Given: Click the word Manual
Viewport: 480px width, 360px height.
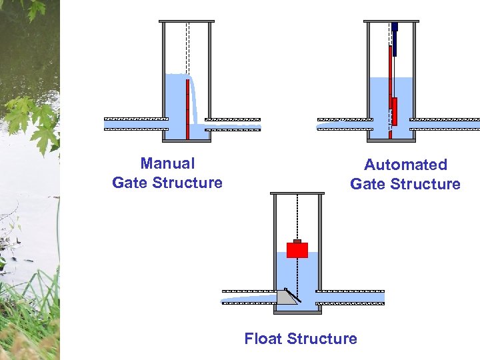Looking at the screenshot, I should pyautogui.click(x=167, y=164).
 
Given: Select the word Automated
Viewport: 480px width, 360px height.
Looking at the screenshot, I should pyautogui.click(x=405, y=165).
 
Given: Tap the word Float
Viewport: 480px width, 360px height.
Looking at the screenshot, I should pyautogui.click(x=265, y=339).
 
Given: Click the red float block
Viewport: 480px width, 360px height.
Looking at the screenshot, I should pyautogui.click(x=297, y=250).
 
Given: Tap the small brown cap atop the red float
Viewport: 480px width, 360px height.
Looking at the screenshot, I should pyautogui.click(x=297, y=241).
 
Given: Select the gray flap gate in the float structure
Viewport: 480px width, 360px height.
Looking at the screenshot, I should pyautogui.click(x=287, y=297).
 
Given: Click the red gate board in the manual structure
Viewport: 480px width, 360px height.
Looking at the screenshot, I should pyautogui.click(x=188, y=110).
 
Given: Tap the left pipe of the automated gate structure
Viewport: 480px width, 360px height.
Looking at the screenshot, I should pyautogui.click(x=344, y=124).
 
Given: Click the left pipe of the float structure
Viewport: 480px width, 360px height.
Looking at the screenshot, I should pyautogui.click(x=248, y=297).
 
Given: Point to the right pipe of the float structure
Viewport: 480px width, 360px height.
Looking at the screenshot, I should pyautogui.click(x=350, y=297).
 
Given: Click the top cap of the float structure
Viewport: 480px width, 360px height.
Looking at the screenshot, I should pyautogui.click(x=297, y=193).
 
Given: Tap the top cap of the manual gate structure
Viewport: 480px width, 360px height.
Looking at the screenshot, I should pyautogui.click(x=187, y=21).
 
